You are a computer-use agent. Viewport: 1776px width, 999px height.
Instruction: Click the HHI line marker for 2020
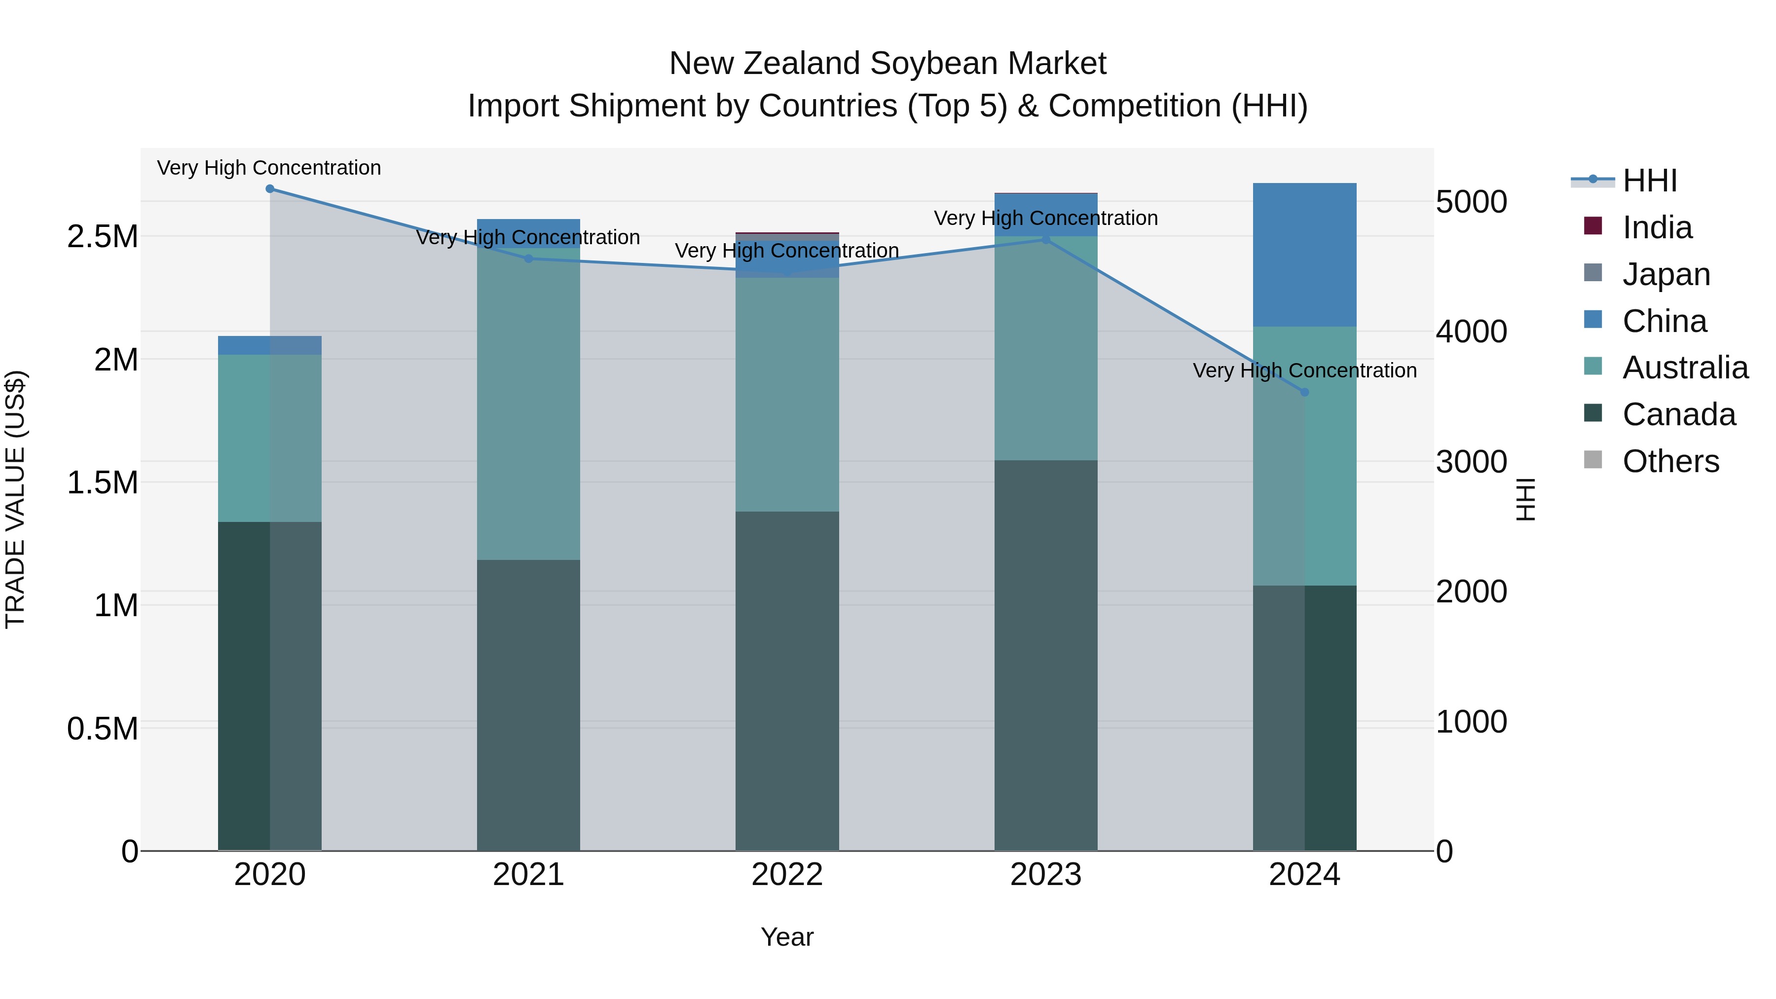pyautogui.click(x=269, y=189)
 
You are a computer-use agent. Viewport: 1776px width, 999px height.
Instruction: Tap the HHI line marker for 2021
pyautogui.click(x=529, y=259)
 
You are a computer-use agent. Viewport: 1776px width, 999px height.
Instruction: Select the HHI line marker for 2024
pyautogui.click(x=1304, y=392)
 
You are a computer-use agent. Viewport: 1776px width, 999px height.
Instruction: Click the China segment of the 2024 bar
pyautogui.click(x=1304, y=255)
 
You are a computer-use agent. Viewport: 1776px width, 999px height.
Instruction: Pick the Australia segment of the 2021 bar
pyautogui.click(x=529, y=404)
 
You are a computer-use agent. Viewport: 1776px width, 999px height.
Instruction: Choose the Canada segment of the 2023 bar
pyautogui.click(x=1046, y=655)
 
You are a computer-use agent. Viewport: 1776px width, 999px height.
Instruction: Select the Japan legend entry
pyautogui.click(x=1665, y=274)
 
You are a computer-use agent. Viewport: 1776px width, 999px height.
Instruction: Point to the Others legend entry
pyautogui.click(x=1670, y=461)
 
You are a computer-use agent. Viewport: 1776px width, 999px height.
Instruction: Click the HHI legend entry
pyautogui.click(x=1649, y=181)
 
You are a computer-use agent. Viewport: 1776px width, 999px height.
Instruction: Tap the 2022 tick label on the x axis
pyautogui.click(x=787, y=875)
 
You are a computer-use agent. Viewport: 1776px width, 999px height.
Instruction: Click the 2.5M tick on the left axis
pyautogui.click(x=103, y=236)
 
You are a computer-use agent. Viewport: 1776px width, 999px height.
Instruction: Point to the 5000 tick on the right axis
pyautogui.click(x=1471, y=202)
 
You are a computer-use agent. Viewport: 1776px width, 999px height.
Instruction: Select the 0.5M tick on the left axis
pyautogui.click(x=103, y=729)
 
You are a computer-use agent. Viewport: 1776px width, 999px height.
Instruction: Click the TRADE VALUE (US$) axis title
pyautogui.click(x=15, y=499)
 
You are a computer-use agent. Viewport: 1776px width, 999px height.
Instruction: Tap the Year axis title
pyautogui.click(x=787, y=937)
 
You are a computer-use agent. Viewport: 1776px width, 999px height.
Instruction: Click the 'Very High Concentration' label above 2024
pyautogui.click(x=1304, y=370)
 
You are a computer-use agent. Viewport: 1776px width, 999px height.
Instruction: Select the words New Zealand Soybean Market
pyautogui.click(x=888, y=64)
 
